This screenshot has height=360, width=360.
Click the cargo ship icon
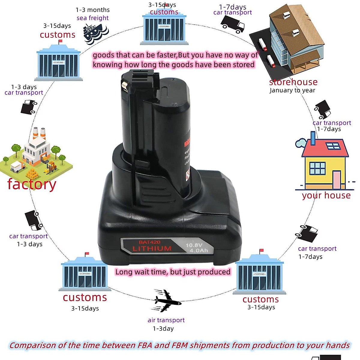click(95, 34)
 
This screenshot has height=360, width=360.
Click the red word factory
click(31, 184)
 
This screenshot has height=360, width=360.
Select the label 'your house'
click(326, 195)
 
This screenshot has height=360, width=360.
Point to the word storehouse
click(293, 82)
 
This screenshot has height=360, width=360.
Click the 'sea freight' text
click(92, 18)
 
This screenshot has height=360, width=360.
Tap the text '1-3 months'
click(92, 10)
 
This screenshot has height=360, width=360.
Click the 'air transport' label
click(166, 320)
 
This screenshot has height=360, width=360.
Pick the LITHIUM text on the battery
click(152, 248)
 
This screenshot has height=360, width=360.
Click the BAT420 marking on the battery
click(149, 242)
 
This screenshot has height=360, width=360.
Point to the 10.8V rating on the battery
click(194, 245)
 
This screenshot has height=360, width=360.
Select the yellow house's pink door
click(337, 180)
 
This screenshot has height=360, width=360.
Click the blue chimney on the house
click(313, 138)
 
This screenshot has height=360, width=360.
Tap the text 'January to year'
click(292, 90)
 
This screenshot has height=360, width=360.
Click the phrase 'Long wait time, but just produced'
click(173, 272)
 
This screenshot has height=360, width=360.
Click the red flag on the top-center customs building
click(166, 5)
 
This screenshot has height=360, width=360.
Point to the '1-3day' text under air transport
click(163, 328)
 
